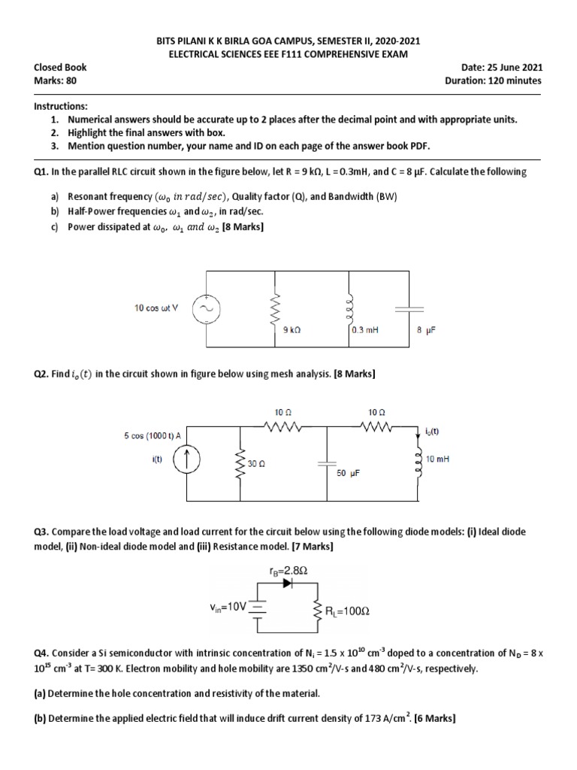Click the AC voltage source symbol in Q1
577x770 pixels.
click(x=204, y=309)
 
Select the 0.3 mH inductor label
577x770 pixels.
click(x=364, y=329)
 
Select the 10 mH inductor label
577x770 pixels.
click(x=437, y=458)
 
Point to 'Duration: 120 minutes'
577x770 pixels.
click(x=493, y=80)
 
